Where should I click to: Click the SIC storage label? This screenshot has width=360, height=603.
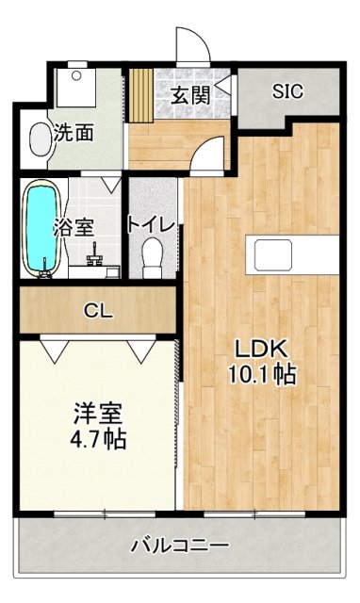[x=286, y=92]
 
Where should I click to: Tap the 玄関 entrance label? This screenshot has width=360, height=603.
[x=188, y=94]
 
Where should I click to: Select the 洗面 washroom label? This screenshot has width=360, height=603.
[x=73, y=133]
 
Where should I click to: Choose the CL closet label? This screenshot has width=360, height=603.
[x=97, y=311]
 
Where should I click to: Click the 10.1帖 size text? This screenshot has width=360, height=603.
[x=260, y=374]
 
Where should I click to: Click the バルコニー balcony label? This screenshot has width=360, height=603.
[x=179, y=545]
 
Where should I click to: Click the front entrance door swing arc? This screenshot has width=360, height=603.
[x=188, y=47]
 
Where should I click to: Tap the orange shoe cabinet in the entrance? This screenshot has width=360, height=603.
[x=140, y=95]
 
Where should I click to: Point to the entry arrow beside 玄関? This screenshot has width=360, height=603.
[x=221, y=88]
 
